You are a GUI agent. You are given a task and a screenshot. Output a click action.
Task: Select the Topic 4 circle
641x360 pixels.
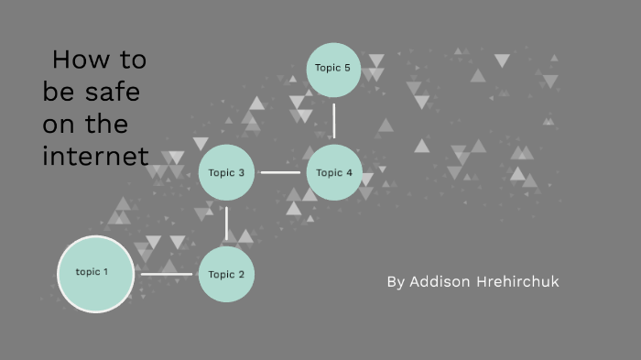click(x=334, y=172)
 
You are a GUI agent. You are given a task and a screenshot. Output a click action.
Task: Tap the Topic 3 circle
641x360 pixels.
click(x=226, y=172)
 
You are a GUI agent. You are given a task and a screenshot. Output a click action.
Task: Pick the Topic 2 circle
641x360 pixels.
click(x=226, y=274)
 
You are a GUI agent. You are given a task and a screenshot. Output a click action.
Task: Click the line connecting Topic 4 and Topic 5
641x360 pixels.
click(x=334, y=120)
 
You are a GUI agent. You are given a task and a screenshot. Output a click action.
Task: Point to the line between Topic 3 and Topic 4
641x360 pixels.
click(x=280, y=172)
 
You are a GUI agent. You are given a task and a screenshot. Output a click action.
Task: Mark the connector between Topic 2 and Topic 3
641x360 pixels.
click(x=226, y=224)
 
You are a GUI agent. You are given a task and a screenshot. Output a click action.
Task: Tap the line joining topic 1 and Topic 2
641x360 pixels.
click(x=166, y=273)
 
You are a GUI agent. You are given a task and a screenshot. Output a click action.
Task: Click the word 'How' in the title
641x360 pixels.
click(x=74, y=60)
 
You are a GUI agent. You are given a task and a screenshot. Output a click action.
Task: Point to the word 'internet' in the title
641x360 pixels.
click(x=95, y=156)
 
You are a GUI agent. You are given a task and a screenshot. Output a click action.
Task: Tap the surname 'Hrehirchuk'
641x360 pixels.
click(x=517, y=281)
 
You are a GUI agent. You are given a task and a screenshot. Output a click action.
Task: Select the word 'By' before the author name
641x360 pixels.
click(x=396, y=282)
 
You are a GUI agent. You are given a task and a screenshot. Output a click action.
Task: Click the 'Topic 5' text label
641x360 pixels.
click(x=333, y=68)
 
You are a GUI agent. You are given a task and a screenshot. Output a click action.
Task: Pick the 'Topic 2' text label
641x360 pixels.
click(x=226, y=275)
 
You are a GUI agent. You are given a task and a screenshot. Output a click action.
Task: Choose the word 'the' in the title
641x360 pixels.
click(x=108, y=124)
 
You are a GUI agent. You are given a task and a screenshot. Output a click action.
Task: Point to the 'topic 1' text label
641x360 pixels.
click(x=92, y=272)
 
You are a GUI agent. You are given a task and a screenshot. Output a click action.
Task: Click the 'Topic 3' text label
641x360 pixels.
click(x=226, y=172)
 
